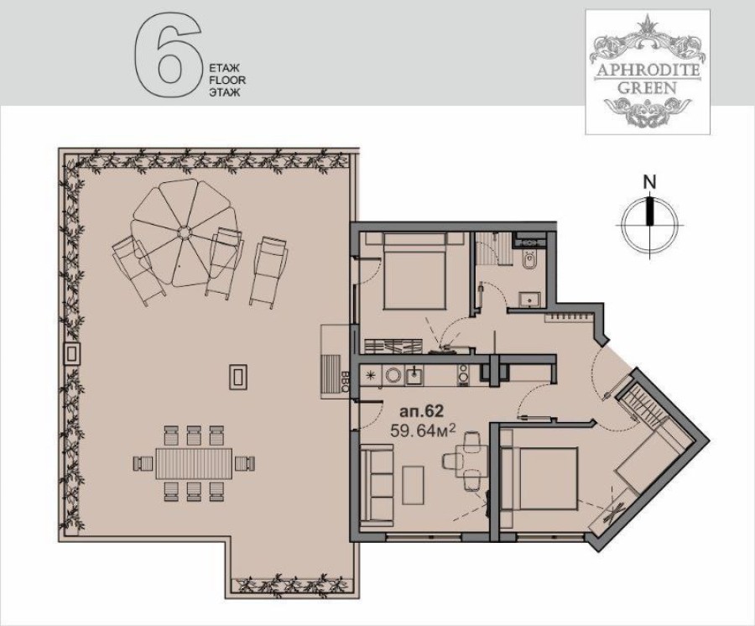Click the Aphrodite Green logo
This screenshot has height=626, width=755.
[647, 71]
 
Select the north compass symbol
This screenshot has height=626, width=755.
[648, 222]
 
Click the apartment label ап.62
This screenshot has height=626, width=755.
[417, 412]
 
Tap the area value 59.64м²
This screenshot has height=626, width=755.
[423, 430]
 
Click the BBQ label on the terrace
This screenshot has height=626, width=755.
[346, 382]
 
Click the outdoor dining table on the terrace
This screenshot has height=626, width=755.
[193, 462]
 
